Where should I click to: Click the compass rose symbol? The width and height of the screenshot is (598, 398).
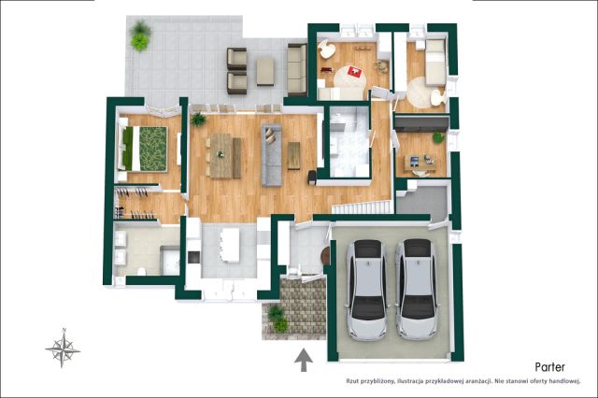[63, 348]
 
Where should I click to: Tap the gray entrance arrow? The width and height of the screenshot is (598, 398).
[304, 360]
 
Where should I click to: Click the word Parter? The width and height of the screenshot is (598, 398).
[549, 367]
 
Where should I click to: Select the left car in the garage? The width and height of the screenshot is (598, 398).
[367, 290]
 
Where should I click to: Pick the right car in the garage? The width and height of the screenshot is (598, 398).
[417, 290]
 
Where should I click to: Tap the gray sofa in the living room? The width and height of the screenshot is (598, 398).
[271, 155]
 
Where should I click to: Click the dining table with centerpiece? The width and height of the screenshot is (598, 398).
[221, 155]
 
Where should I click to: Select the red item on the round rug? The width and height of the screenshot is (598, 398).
[355, 72]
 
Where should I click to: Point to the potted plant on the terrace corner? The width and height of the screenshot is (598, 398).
[139, 36]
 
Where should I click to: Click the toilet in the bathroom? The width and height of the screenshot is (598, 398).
[141, 271]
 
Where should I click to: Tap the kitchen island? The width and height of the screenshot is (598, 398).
[230, 245]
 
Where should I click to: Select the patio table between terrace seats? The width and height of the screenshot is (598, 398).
[265, 71]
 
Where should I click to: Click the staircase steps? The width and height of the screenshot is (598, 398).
[362, 207]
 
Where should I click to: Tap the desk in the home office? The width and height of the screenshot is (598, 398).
[420, 163]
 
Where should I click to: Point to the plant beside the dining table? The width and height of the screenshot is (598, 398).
[198, 120]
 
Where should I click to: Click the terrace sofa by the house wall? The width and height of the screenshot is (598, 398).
[297, 69]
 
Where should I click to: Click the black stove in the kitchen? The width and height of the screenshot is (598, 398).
[193, 257]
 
